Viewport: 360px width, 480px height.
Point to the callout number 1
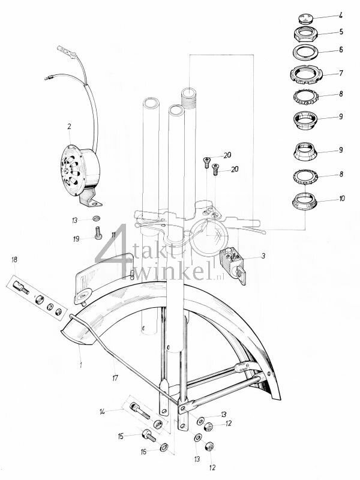tap(80, 364)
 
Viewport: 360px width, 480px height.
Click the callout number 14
tap(103, 411)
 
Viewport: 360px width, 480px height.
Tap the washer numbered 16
tap(164, 447)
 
